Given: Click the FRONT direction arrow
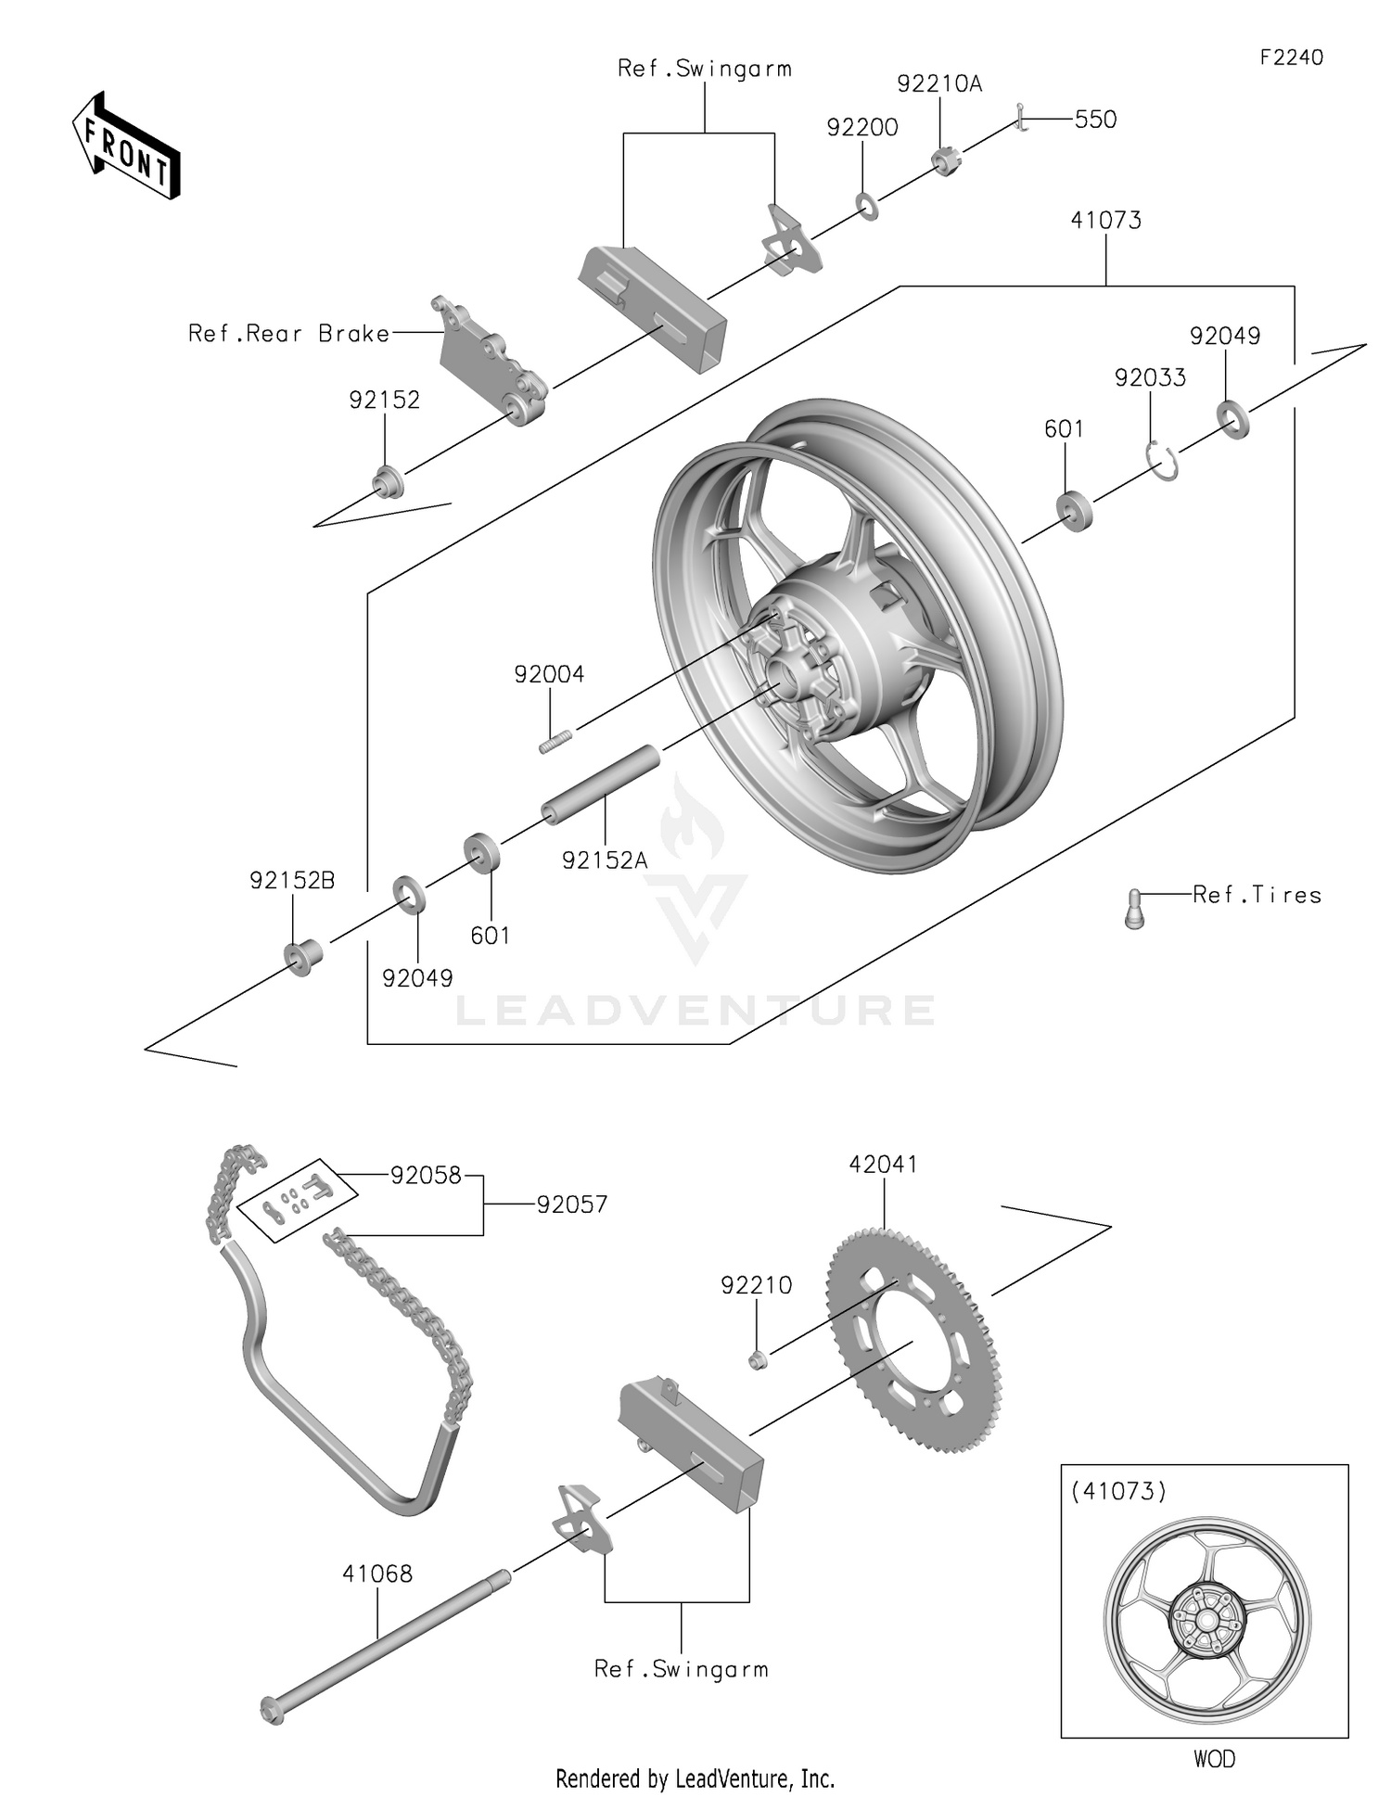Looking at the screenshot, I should pyautogui.click(x=126, y=147).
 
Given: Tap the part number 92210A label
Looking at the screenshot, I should pyautogui.click(x=938, y=83).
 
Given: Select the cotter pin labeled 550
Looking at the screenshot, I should pyautogui.click(x=1021, y=118).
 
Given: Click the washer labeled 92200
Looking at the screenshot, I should pyautogui.click(x=867, y=206).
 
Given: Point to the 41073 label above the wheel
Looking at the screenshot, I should pyautogui.click(x=1105, y=220).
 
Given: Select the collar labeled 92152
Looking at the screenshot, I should pyautogui.click(x=388, y=483).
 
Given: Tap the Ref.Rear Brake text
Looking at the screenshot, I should pyautogui.click(x=288, y=334).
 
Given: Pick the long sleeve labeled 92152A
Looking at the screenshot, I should pyautogui.click(x=601, y=784).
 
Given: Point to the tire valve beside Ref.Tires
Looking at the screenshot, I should pyautogui.click(x=1134, y=908).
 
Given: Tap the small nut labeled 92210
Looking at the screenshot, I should pyautogui.click(x=757, y=1360).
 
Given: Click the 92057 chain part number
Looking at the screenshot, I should pyautogui.click(x=571, y=1204).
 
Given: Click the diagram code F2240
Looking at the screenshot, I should pyautogui.click(x=1291, y=57).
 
